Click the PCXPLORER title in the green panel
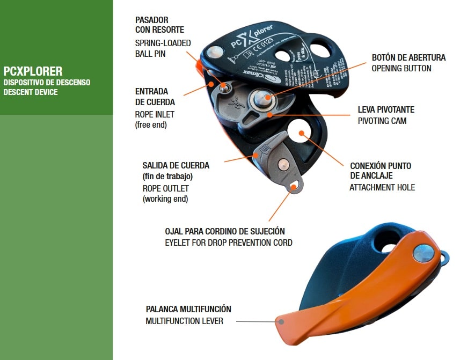click(x=33, y=71)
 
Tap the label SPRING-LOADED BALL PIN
click(x=163, y=48)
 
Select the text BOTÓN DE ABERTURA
click(x=408, y=58)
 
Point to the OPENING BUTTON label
click(x=401, y=68)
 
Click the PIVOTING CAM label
click(x=382, y=121)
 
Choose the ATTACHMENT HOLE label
click(x=382, y=187)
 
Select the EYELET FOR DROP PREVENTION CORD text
click(x=229, y=243)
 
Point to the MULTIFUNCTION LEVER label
click(x=184, y=321)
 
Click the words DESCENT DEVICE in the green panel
click(x=31, y=92)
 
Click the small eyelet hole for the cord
click(x=293, y=186)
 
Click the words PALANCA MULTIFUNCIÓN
click(x=188, y=310)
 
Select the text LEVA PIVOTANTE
click(x=386, y=109)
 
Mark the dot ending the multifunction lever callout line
click(x=280, y=322)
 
